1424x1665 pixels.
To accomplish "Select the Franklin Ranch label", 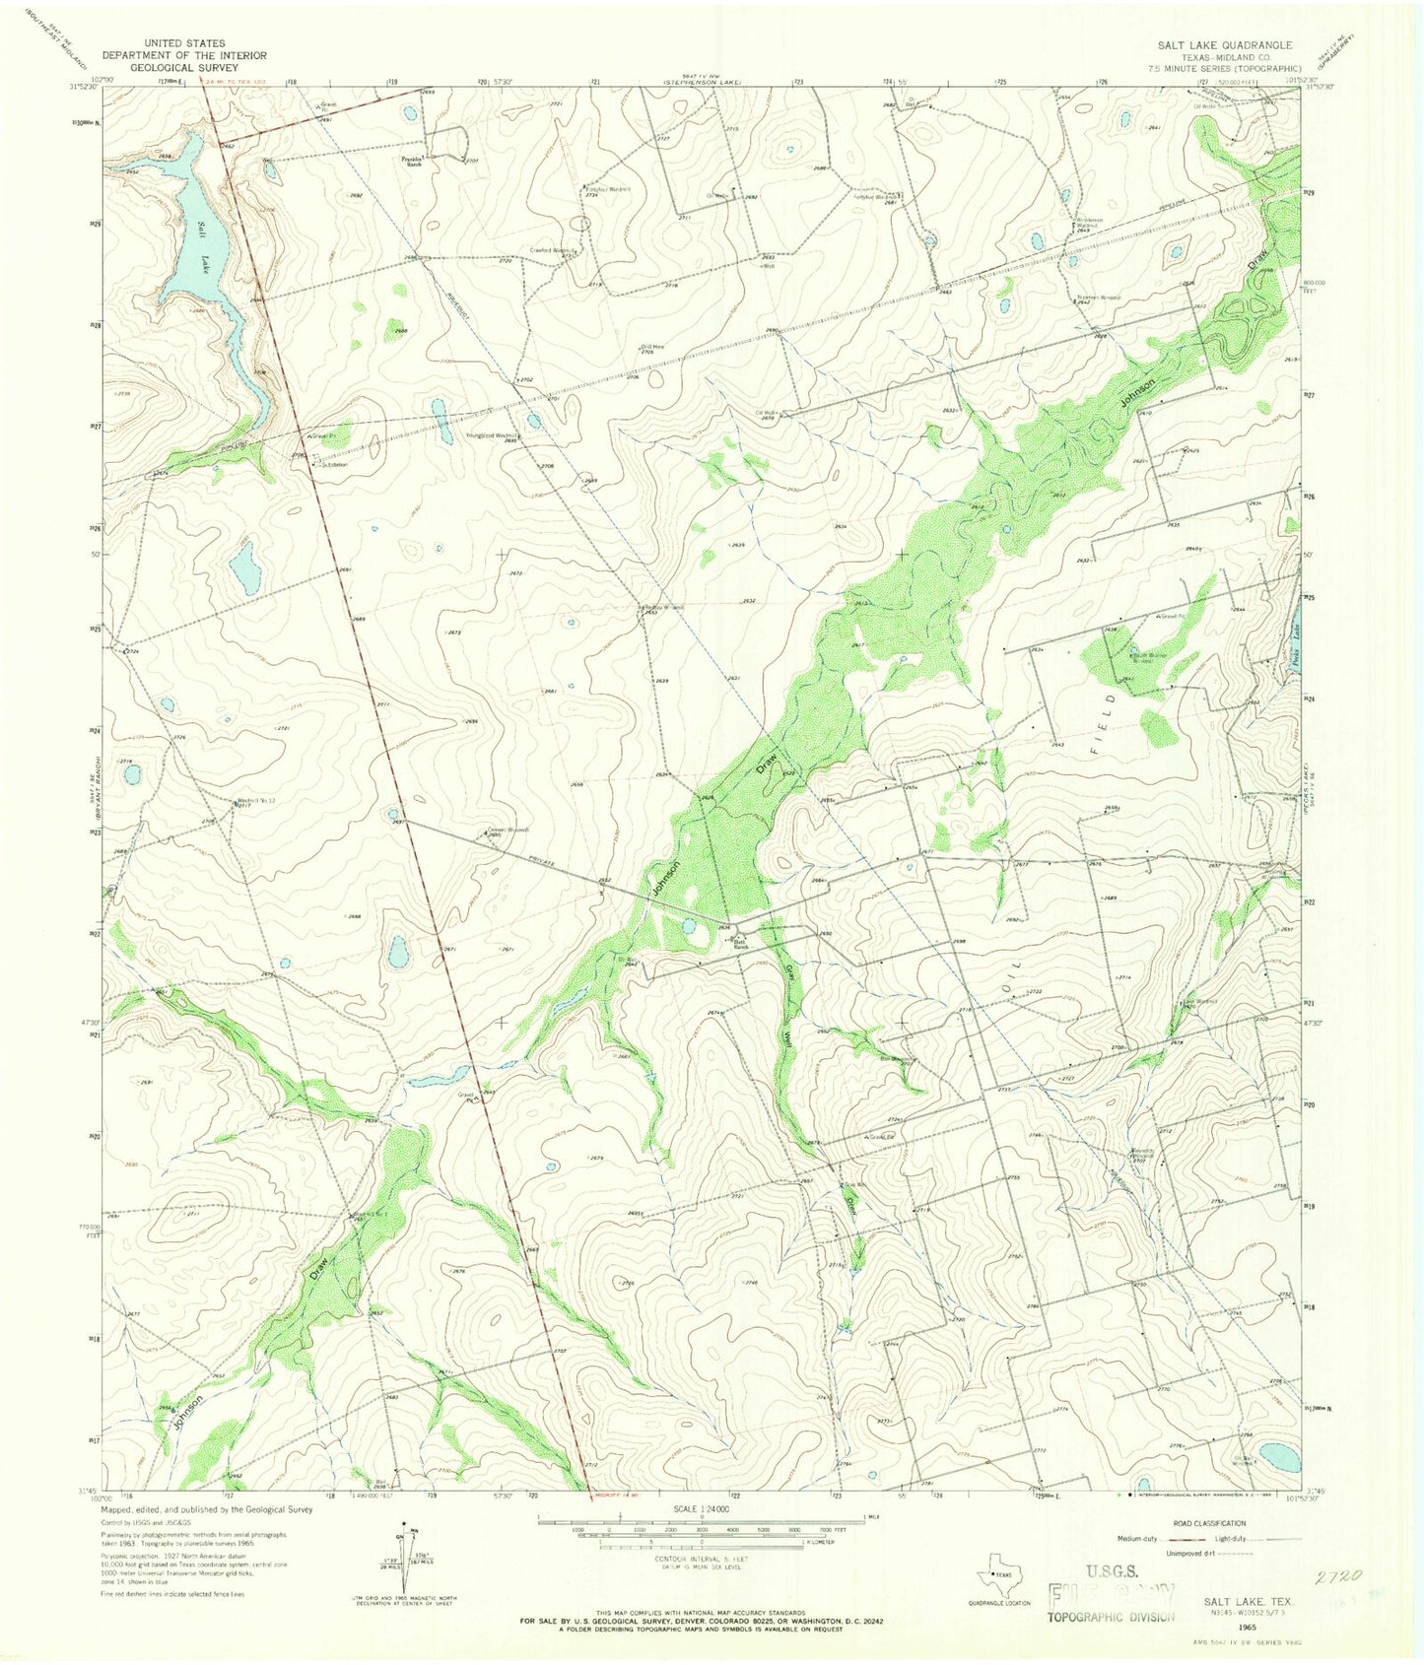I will click(412, 162).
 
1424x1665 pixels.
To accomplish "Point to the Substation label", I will click(333, 465).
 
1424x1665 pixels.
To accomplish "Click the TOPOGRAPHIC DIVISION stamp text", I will click(1110, 1616).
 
